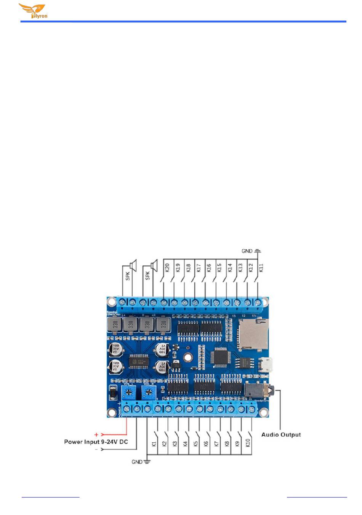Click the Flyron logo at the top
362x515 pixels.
[33, 11]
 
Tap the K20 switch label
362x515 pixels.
[167, 268]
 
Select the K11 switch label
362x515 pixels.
[261, 268]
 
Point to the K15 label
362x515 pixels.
[219, 268]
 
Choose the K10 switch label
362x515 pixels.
[248, 443]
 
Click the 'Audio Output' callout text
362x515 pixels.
[281, 434]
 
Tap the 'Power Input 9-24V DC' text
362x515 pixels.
[96, 442]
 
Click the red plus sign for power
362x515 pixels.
[96, 434]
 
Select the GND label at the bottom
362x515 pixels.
[137, 462]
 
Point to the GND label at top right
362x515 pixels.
[247, 251]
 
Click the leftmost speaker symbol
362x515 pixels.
[133, 265]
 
